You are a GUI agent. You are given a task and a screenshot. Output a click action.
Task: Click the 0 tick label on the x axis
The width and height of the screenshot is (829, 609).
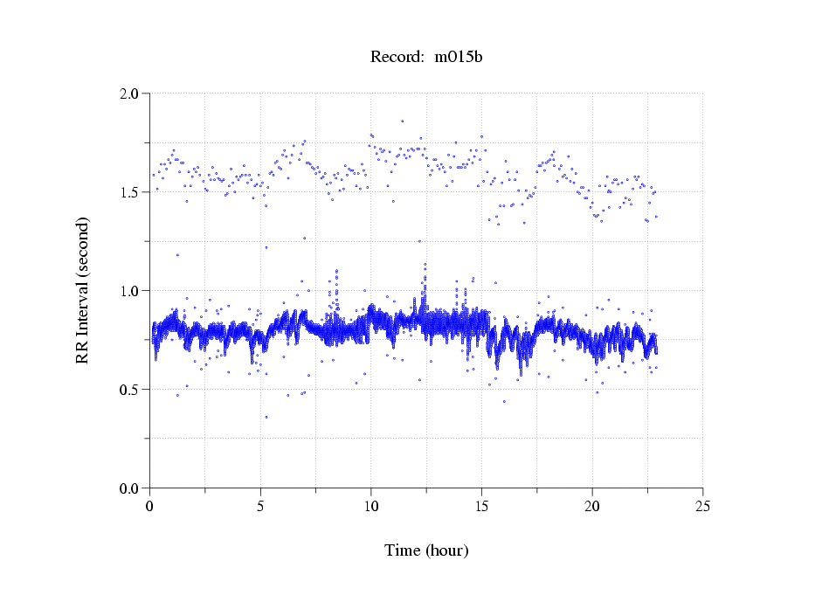coord(150,506)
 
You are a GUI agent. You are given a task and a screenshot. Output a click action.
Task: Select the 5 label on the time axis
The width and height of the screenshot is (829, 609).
coord(260,506)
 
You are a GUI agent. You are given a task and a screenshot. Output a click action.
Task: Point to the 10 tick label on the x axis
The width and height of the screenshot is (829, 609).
coord(371,506)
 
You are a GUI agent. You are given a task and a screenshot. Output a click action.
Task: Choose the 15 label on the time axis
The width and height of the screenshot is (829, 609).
coord(481,506)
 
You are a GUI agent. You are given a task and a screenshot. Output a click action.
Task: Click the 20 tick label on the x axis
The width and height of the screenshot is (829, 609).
coord(592,506)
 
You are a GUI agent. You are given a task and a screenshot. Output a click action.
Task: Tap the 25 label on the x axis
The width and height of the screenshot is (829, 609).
coord(702,506)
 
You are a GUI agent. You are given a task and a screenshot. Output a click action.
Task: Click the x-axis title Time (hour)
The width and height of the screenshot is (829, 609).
coord(426,550)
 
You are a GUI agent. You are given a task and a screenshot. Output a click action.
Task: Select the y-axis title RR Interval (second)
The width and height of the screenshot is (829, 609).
coord(82,291)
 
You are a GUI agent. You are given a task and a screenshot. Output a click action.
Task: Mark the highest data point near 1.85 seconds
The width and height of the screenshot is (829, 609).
coord(402,121)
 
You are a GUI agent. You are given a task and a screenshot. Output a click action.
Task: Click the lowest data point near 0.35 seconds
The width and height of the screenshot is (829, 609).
coord(266,417)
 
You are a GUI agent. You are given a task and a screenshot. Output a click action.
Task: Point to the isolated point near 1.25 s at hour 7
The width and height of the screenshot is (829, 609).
coord(305,238)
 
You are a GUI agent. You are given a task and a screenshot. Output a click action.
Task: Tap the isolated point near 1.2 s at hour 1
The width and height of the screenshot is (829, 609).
coord(177,255)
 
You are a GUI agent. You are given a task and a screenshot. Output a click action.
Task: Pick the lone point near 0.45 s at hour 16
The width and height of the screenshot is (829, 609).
coord(504,401)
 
